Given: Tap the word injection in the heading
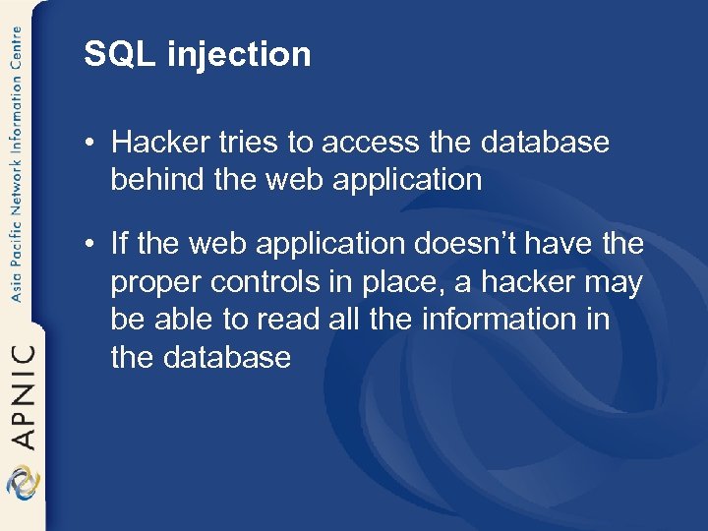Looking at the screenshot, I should (x=239, y=55).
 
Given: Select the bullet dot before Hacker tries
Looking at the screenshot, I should (x=88, y=144).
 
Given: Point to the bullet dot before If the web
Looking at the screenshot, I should (x=88, y=243).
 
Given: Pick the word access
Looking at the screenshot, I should (x=369, y=144).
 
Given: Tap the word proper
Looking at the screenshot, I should (x=155, y=282).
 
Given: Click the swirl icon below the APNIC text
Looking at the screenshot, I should (x=22, y=484).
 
